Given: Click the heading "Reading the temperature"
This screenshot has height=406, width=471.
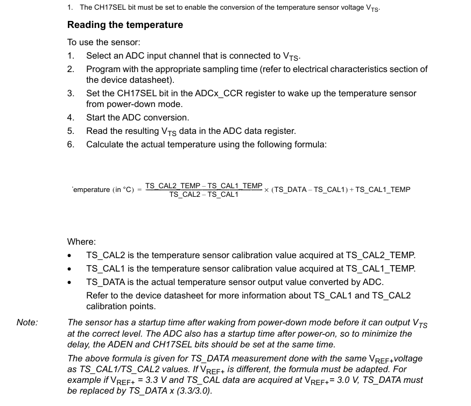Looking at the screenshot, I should coord(125,25).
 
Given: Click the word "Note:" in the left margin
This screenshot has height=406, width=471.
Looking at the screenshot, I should coord(27,322).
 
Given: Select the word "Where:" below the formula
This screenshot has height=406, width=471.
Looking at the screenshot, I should coord(81,241).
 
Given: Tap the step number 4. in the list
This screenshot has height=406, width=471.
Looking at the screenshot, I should coord(71,117).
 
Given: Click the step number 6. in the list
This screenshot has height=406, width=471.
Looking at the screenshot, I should coord(71,144).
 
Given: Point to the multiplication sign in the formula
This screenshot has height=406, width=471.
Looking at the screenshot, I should coord(267,190).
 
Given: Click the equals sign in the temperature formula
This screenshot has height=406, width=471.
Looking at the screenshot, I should coord(139,190).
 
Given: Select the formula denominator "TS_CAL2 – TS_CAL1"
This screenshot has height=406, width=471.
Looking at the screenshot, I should coord(203,195).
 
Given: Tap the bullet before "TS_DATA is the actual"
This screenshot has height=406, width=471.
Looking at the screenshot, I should coord(70,282).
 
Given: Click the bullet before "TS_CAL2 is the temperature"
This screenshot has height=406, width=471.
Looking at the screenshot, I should coord(70,255).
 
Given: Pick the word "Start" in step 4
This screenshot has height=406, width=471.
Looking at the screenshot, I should coord(97,117).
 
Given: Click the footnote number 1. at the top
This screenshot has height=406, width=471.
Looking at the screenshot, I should coord(70,8).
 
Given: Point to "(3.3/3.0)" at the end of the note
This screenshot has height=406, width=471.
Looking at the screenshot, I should coord(194,391).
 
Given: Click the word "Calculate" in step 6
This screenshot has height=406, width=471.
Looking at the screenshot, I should coord(106,144).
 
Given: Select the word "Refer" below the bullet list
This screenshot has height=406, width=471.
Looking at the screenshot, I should coord(97,295).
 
